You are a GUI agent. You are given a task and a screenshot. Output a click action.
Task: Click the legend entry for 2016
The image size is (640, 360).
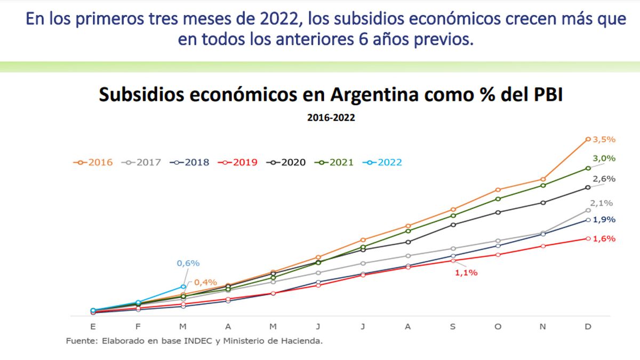[x=94, y=163]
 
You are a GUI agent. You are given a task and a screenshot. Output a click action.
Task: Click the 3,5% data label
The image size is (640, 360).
[x=604, y=139]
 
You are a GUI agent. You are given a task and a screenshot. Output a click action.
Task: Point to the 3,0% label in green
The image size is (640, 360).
[x=604, y=158]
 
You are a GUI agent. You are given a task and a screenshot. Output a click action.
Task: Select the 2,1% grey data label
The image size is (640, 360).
[x=601, y=203]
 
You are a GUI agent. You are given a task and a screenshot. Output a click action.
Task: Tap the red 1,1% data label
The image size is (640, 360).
[x=466, y=273]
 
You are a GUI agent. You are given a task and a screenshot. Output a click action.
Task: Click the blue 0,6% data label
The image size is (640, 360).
[x=188, y=263]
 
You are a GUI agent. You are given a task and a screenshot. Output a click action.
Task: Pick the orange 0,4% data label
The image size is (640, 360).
[x=205, y=282]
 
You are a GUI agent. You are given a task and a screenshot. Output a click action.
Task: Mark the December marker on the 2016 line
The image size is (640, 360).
[x=588, y=139]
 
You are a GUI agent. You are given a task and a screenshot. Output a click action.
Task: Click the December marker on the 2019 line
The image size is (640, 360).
[x=588, y=238]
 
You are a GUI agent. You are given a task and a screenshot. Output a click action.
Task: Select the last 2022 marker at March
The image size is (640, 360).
[x=183, y=287]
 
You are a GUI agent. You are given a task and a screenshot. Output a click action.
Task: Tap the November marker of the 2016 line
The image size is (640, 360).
[x=543, y=179]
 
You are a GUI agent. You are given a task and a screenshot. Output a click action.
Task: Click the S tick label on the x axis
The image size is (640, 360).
[x=453, y=327]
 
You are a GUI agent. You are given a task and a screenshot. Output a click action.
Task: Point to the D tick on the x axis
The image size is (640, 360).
[x=588, y=327]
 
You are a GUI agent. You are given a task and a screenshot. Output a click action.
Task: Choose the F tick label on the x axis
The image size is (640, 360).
[x=138, y=327]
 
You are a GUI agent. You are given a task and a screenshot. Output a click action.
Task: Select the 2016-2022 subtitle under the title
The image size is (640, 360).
[x=331, y=118]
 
